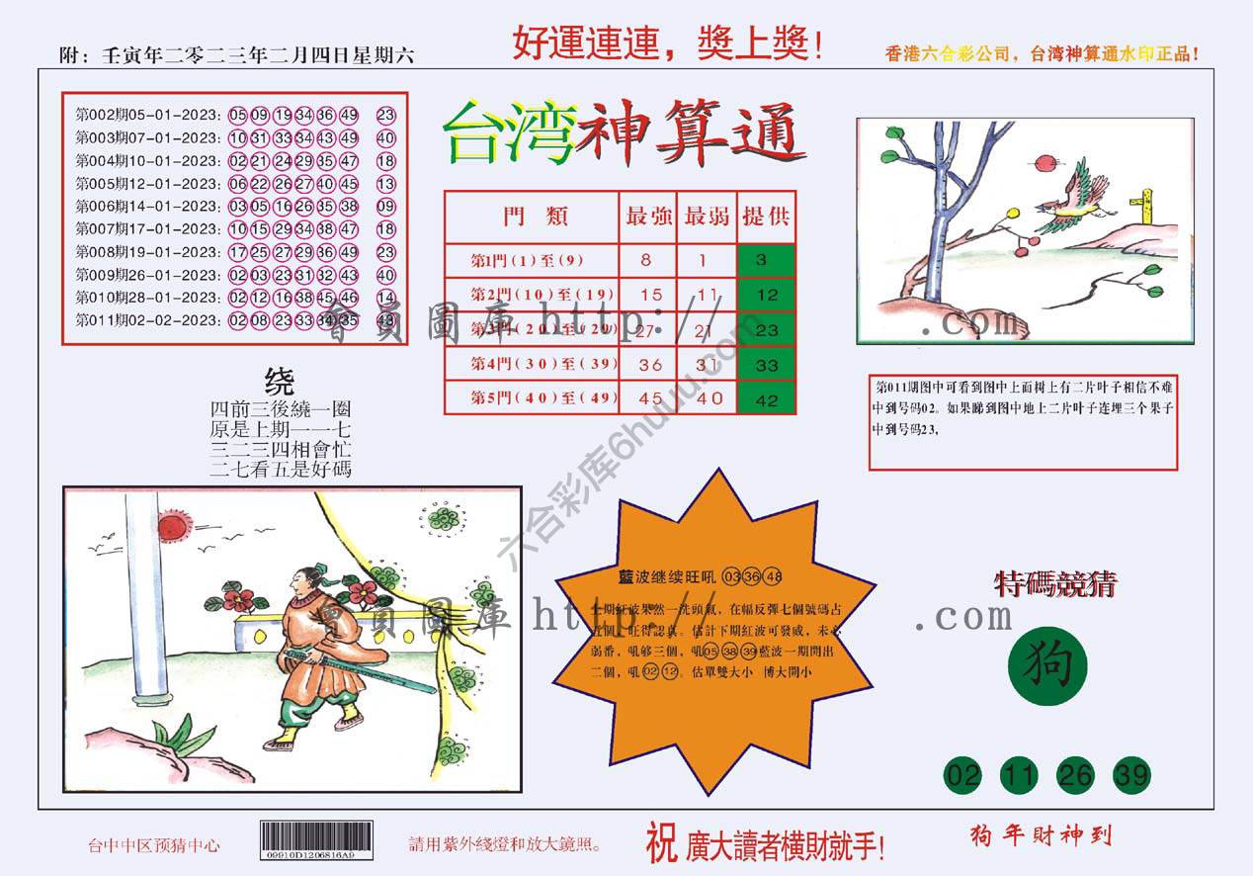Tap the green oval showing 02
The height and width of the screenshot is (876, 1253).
point(963,775)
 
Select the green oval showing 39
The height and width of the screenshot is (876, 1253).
point(1131,775)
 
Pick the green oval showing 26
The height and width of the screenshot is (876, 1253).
point(1075,775)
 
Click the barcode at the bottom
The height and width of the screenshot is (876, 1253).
point(316,842)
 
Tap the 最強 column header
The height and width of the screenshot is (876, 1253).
point(647,217)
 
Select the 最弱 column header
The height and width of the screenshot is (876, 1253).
point(707,217)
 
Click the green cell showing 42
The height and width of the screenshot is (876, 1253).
point(766,400)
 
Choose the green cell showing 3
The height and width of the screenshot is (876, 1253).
point(766,261)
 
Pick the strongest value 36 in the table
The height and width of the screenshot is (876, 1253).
point(649,365)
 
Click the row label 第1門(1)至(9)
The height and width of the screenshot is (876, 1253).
point(529,261)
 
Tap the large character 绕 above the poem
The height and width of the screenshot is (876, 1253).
point(280,382)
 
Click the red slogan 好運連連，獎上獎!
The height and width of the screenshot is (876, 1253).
point(667,44)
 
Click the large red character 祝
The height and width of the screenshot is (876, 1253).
point(661,842)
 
